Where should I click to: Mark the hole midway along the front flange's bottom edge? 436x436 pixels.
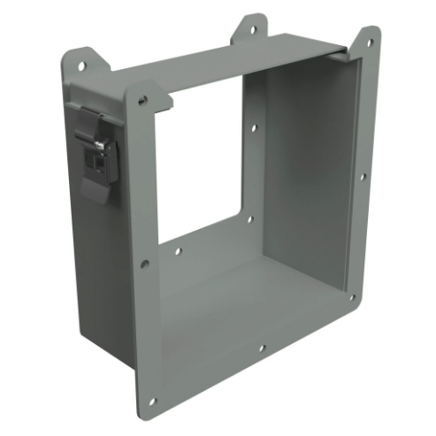click(x=262, y=348)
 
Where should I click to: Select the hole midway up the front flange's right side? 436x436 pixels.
click(x=361, y=176)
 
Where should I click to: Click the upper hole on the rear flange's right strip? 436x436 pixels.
click(x=254, y=129)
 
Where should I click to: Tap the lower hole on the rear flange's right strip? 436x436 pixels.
click(x=249, y=219)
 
